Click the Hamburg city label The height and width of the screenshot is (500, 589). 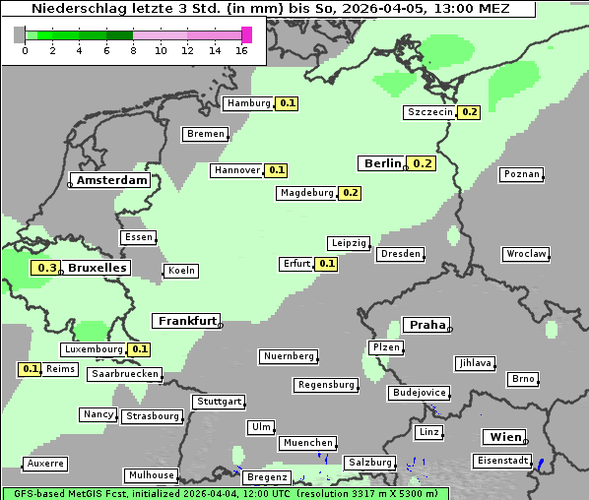[248, 103]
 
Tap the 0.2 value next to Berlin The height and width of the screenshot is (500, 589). [423, 163]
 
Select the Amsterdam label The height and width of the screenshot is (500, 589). [112, 181]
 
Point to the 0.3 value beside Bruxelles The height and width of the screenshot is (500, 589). [45, 268]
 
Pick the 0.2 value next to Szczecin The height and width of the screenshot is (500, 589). [469, 112]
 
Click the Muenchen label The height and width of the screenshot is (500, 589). [308, 444]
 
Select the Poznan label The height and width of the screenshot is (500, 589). [521, 174]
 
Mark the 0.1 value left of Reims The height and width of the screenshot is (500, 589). [31, 369]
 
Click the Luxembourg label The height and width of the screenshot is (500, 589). [94, 349]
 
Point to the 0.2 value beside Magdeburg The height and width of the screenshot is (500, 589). [350, 193]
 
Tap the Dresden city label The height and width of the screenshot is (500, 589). [400, 254]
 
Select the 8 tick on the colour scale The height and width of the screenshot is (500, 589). [133, 50]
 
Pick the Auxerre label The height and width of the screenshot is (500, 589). [45, 463]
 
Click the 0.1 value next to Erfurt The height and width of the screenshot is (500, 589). [326, 264]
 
